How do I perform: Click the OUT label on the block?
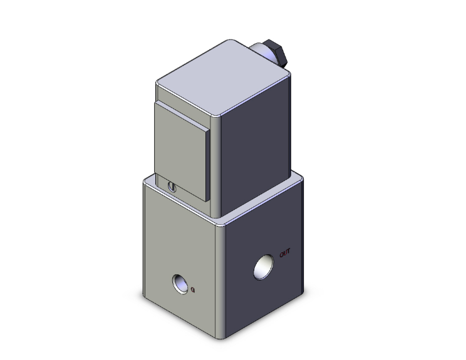point(285,253)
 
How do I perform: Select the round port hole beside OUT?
point(264,267)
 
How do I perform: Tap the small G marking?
point(193,289)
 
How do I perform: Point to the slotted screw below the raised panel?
point(173,185)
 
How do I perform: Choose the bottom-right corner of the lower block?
point(308,292)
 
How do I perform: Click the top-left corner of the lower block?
point(145,180)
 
